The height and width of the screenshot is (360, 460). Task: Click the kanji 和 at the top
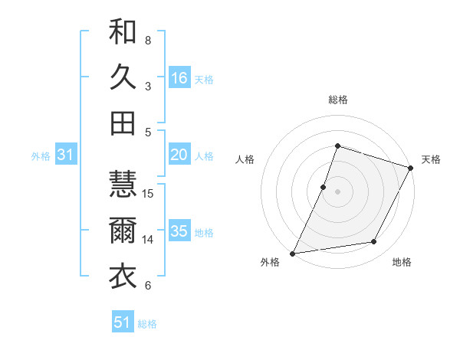(123, 31)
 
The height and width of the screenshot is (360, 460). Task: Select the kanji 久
(123, 77)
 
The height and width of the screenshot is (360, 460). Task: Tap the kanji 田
(123, 123)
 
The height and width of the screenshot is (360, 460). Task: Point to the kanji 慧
(123, 184)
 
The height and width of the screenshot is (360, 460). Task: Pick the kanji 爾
(123, 231)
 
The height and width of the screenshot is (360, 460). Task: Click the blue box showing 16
(179, 78)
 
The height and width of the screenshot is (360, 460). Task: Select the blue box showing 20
(179, 155)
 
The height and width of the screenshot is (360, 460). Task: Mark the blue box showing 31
(65, 155)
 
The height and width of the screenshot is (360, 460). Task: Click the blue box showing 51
(123, 322)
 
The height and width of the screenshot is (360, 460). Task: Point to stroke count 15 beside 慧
(149, 193)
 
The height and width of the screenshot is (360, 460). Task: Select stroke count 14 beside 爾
(149, 240)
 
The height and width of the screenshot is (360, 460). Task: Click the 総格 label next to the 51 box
(147, 324)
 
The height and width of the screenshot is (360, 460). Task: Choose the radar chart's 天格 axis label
(431, 159)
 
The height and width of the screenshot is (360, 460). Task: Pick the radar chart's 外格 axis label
(270, 263)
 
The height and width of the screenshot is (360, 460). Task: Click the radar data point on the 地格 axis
(374, 242)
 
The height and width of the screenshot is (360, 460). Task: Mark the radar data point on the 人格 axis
(324, 187)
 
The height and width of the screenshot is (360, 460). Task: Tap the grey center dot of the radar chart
(337, 191)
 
